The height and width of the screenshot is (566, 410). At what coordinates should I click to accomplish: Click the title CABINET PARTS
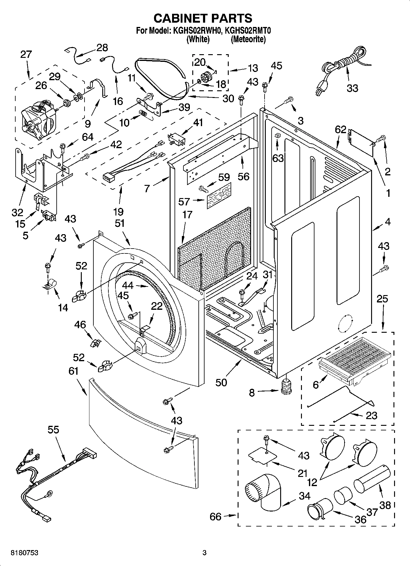pos(203,18)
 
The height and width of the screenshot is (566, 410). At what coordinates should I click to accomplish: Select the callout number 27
pos(26,54)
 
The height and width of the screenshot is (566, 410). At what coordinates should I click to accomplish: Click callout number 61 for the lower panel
pos(73,371)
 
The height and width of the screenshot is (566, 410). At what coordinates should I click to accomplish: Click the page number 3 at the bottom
pos(205,553)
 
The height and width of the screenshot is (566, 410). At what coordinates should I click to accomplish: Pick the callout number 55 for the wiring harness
pos(53,430)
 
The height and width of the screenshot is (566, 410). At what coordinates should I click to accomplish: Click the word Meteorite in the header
pos(248,39)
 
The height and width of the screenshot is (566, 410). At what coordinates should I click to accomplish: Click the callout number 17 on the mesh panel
pos(187,215)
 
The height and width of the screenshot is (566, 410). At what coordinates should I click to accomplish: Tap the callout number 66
pos(215,516)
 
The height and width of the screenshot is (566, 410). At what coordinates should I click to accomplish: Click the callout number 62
pos(340,130)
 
